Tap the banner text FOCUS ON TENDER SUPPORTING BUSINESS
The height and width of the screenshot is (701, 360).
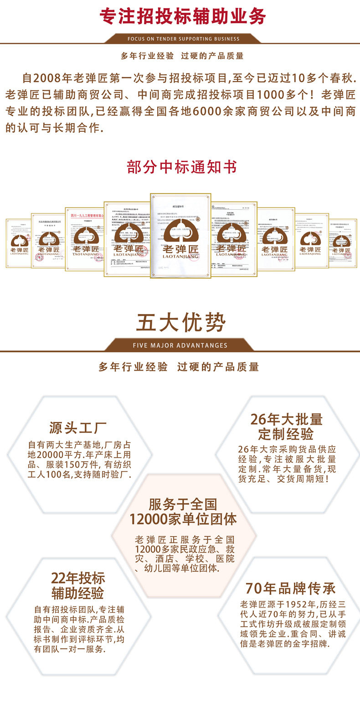(183, 39)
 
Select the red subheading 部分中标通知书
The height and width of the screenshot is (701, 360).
(182, 167)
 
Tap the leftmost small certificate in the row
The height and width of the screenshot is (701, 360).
(18, 243)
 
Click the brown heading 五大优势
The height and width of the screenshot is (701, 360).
(181, 323)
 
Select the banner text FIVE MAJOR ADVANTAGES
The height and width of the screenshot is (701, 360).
(180, 345)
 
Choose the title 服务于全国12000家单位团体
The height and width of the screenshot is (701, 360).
(183, 512)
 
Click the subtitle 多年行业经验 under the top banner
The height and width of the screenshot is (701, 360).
(147, 56)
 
